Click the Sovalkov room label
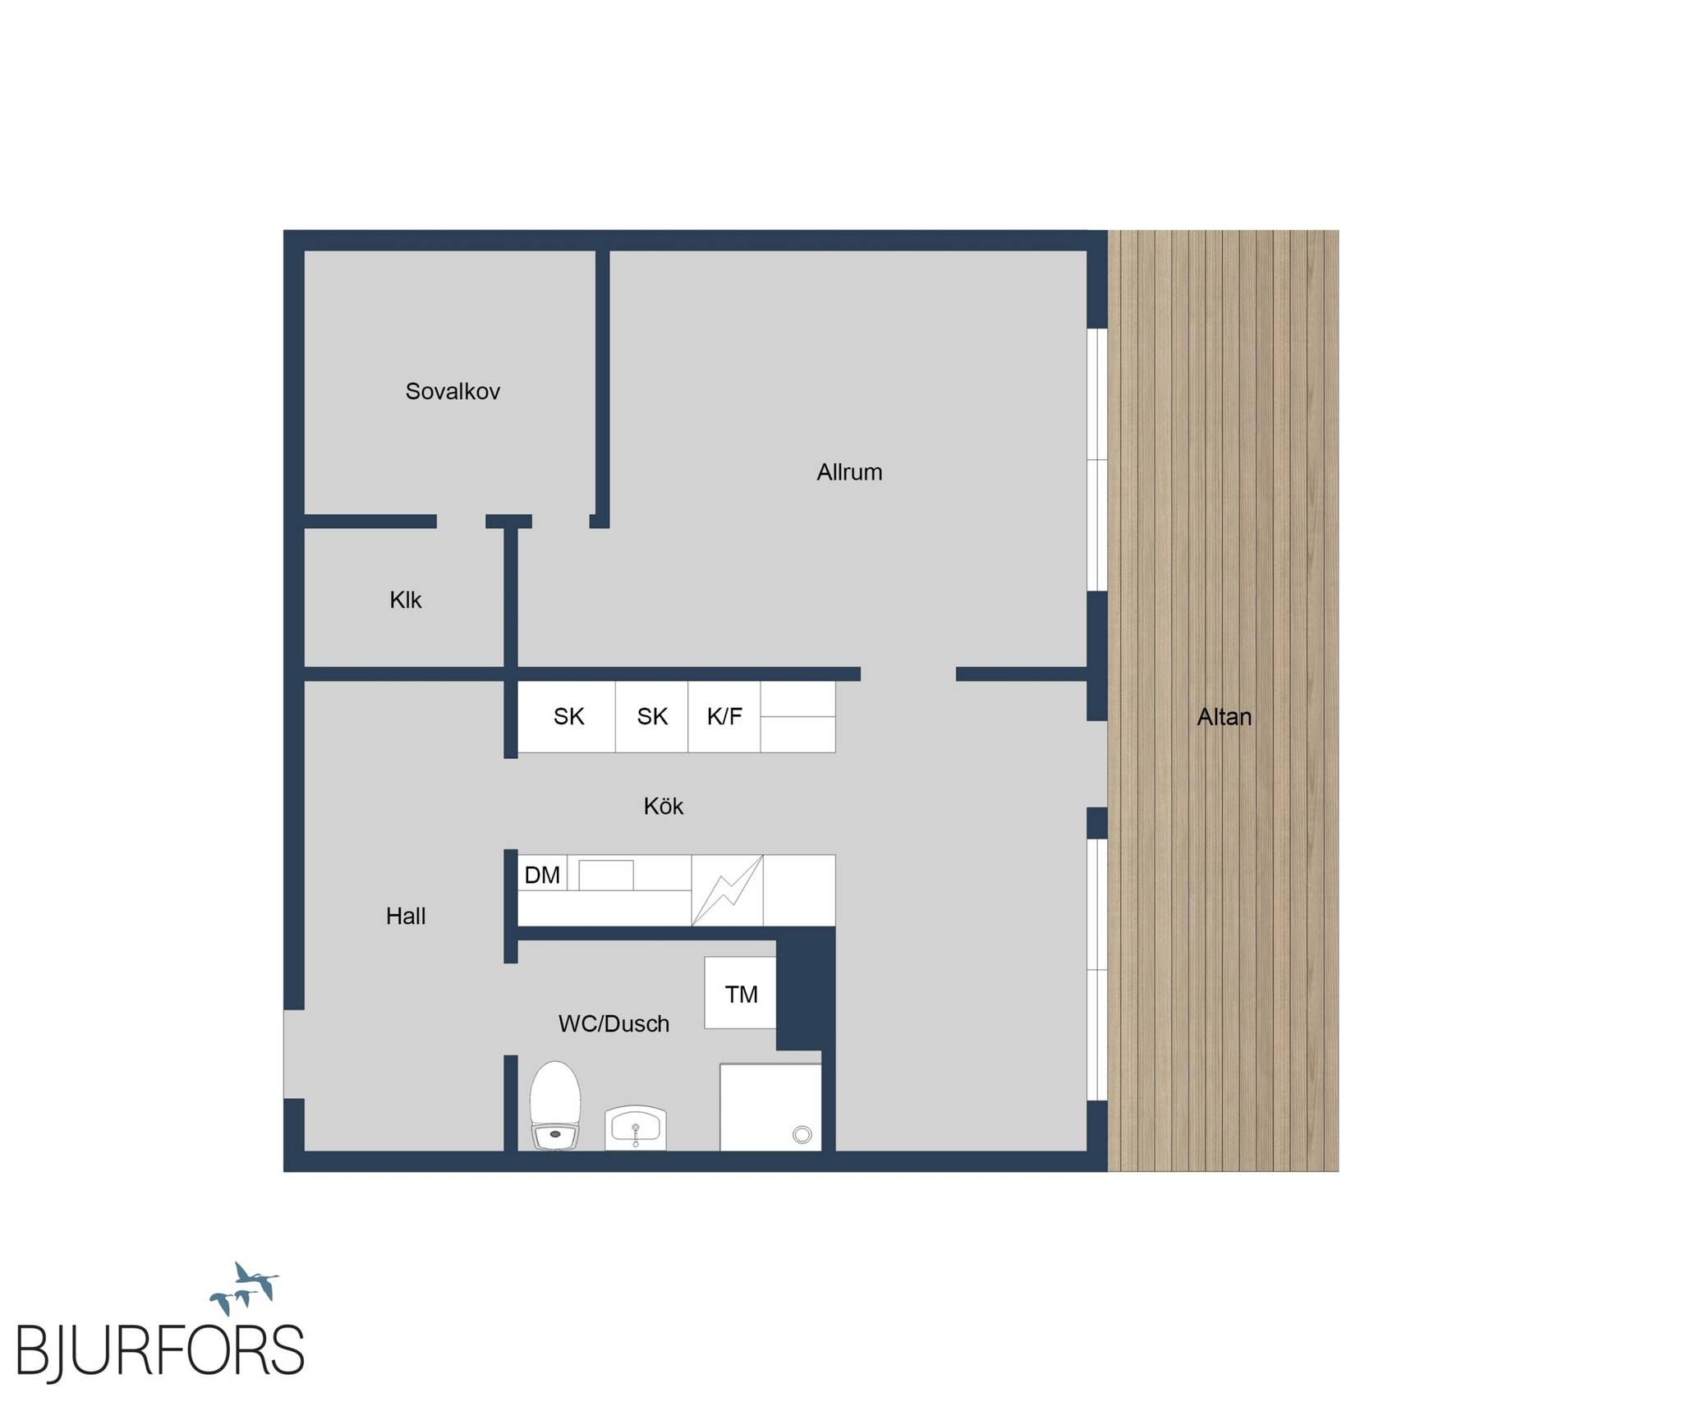[x=453, y=391]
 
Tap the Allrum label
[x=849, y=472]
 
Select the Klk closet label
[x=405, y=600]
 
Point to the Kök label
[x=664, y=806]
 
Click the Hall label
[x=406, y=916]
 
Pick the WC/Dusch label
[x=614, y=1023]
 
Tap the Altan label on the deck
[x=1225, y=717]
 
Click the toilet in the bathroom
[x=555, y=1106]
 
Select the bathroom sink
[x=636, y=1128]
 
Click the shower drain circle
[x=802, y=1135]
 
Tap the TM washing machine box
[x=741, y=993]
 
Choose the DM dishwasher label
[x=542, y=876]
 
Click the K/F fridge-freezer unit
[x=724, y=717]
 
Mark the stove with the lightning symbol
[x=728, y=890]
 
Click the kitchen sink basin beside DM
[x=606, y=876]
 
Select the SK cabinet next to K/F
[x=652, y=717]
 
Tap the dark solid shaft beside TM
[x=805, y=988]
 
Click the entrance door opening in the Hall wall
[x=294, y=1054]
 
